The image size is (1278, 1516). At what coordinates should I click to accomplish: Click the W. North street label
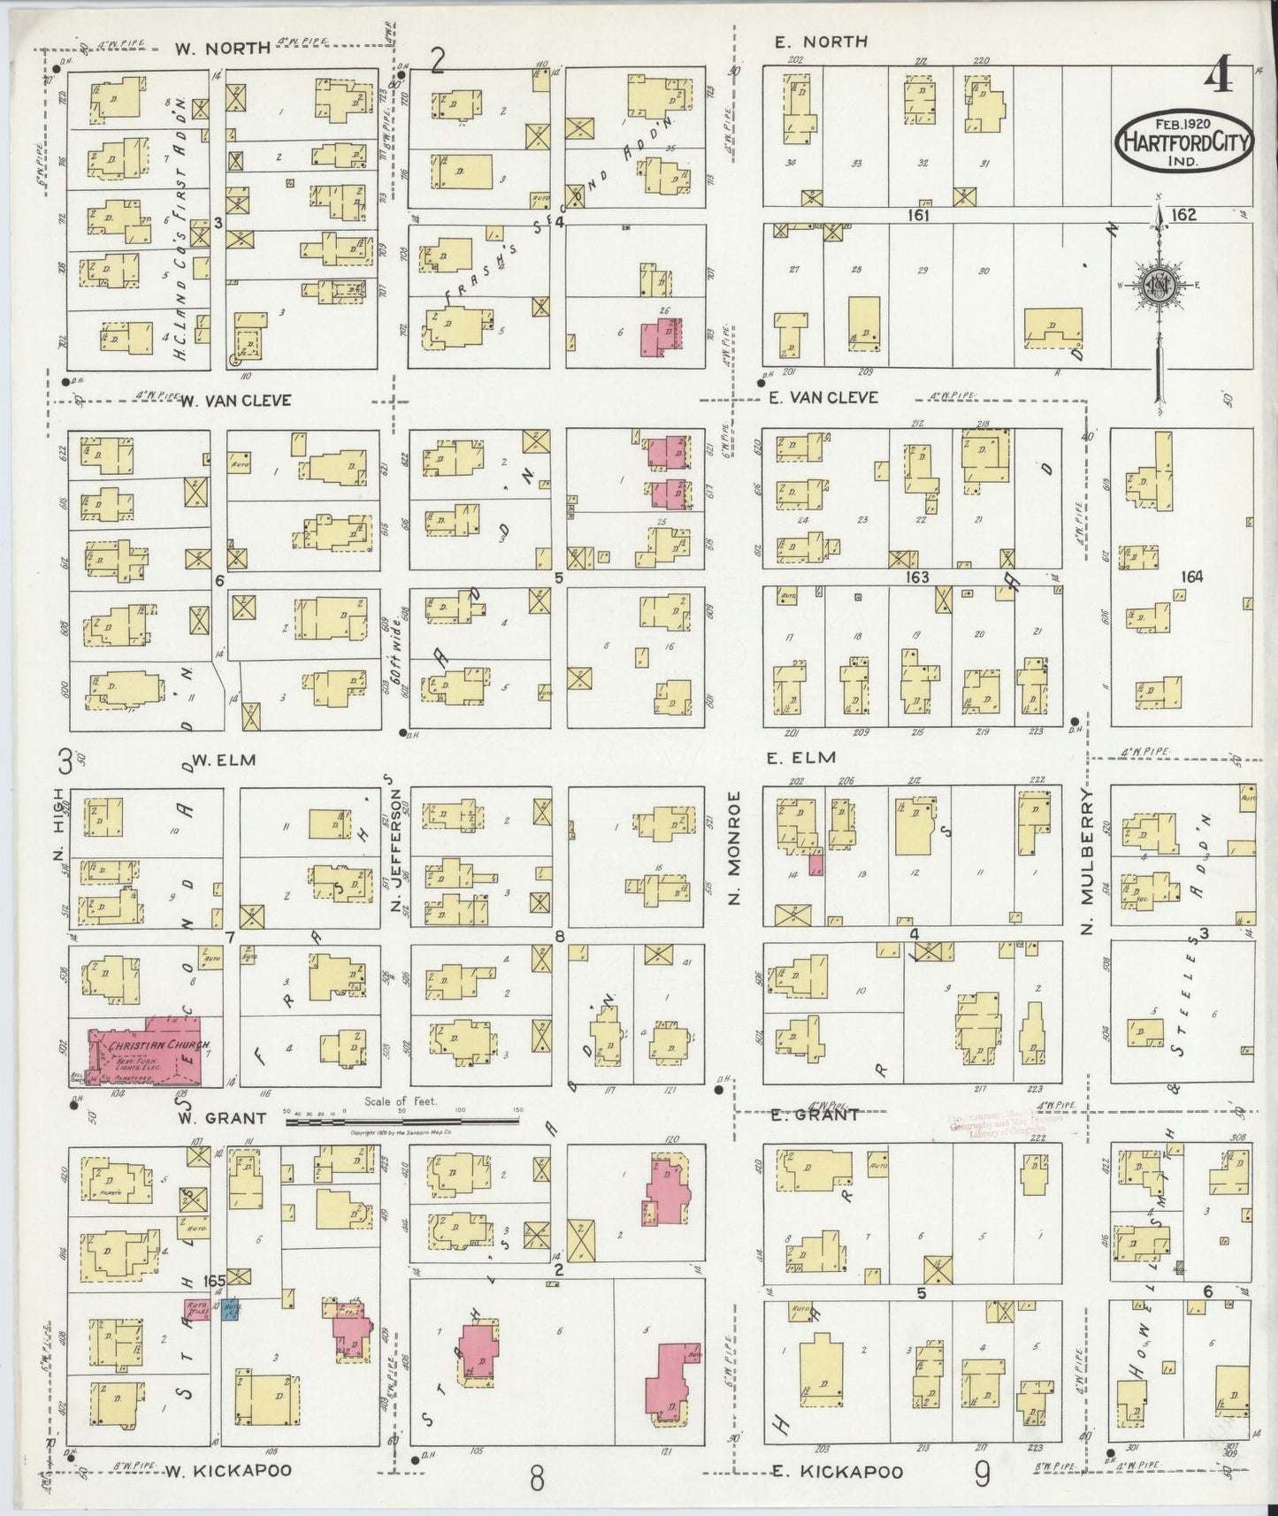tap(222, 49)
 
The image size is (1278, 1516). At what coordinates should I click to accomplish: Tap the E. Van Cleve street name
tap(823, 398)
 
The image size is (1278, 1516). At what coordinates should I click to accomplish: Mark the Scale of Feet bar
tap(401, 1121)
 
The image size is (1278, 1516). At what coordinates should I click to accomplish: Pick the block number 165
tap(214, 1280)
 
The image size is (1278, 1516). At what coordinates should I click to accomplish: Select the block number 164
tap(1190, 577)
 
